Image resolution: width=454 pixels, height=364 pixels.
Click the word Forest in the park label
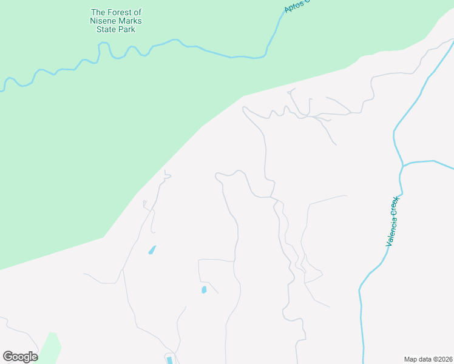(x=119, y=12)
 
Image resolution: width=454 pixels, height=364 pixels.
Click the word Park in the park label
(x=127, y=29)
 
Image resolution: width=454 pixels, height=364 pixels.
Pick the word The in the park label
(x=98, y=12)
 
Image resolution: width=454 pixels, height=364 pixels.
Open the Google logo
(x=20, y=357)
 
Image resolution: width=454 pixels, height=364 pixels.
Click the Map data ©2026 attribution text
(x=428, y=359)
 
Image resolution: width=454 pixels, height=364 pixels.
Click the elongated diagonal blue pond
(x=152, y=249)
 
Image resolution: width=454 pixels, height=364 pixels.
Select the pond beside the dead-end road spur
(x=204, y=289)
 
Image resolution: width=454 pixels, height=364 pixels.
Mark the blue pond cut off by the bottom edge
(x=169, y=360)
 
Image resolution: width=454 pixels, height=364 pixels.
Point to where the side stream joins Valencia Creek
(x=403, y=164)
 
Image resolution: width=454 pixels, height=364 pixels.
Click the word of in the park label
(x=137, y=12)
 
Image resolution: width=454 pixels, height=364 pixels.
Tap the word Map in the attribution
(x=411, y=359)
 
